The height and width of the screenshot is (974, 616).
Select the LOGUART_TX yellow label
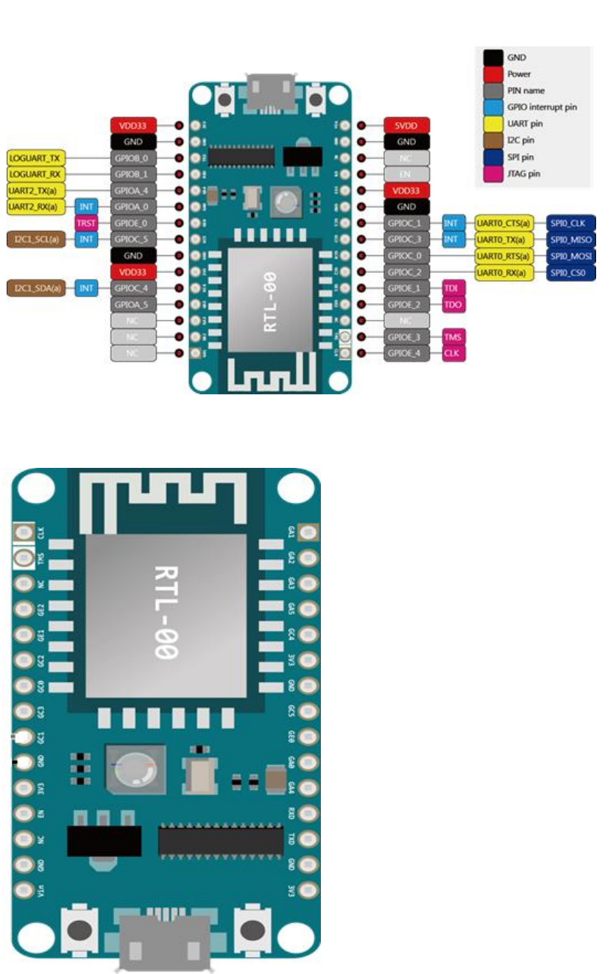(36, 158)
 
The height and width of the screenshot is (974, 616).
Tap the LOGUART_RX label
(36, 174)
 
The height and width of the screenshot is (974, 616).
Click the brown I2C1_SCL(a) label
(36, 239)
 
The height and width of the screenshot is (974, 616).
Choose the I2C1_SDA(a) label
(36, 288)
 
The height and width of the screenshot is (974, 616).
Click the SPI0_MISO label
(570, 239)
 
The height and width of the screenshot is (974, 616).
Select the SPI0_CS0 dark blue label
(570, 273)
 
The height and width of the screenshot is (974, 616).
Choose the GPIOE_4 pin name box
(406, 353)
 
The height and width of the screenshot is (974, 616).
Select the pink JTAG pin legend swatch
(494, 174)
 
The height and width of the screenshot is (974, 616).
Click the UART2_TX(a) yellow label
(36, 191)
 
